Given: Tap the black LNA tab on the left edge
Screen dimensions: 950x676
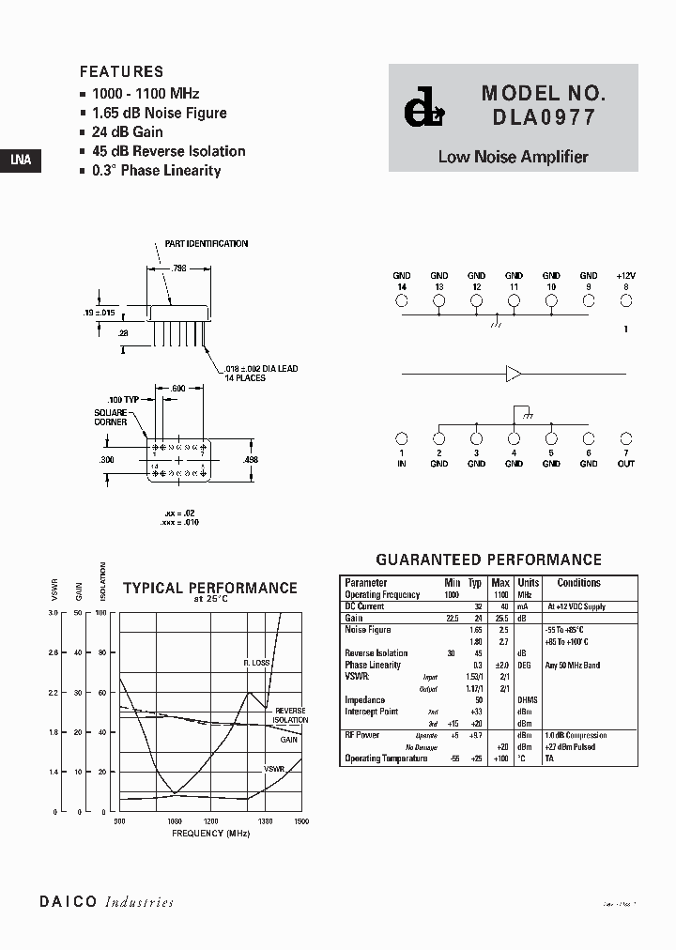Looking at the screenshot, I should click(x=20, y=160).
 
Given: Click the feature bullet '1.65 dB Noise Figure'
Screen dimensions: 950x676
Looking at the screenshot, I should click(x=159, y=113).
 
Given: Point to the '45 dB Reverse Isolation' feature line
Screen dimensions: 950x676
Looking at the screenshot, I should click(x=168, y=151).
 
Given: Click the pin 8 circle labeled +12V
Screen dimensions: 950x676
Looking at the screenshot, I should click(x=626, y=301).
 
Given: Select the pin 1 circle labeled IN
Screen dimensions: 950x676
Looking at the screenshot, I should click(x=402, y=438).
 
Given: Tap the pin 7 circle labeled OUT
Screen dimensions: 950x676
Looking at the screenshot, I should click(x=626, y=438).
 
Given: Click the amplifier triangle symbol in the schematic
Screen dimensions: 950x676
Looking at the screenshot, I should click(x=515, y=374).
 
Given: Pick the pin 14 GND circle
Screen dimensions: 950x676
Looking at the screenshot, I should click(x=402, y=301).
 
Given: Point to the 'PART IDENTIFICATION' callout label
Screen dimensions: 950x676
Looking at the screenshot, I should click(x=207, y=244).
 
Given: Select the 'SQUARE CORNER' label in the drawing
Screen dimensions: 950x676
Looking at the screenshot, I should click(x=112, y=418).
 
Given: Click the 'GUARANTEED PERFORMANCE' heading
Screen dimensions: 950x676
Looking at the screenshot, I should click(x=488, y=559).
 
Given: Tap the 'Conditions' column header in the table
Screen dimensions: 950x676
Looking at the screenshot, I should click(x=578, y=583).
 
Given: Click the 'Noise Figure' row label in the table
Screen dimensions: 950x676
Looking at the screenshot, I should click(x=368, y=630).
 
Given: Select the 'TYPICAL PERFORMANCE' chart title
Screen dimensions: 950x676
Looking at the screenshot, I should click(x=210, y=589).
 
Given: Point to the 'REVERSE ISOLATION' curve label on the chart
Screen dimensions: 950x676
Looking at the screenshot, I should click(x=289, y=715).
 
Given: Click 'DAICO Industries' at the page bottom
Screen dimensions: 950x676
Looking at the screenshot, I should click(x=106, y=902).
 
